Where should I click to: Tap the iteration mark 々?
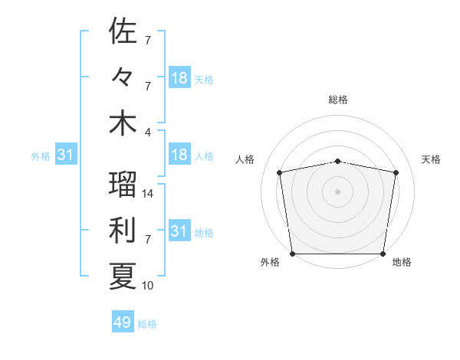pyautogui.click(x=123, y=77)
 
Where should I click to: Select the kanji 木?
pyautogui.click(x=123, y=123)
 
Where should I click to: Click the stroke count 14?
pyautogui.click(x=148, y=194)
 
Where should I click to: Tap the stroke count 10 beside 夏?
pyautogui.click(x=148, y=286)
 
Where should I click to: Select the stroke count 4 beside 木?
pyautogui.click(x=148, y=131)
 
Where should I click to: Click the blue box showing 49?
pyautogui.click(x=122, y=323)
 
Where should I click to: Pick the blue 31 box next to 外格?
pyautogui.click(x=65, y=155)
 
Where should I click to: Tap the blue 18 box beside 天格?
pyautogui.click(x=179, y=78)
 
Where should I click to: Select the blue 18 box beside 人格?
pyautogui.click(x=179, y=155)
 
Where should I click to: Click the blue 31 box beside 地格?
pyautogui.click(x=179, y=231)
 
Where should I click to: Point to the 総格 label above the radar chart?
pyautogui.click(x=338, y=100)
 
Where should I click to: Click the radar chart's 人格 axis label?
pyautogui.click(x=245, y=159)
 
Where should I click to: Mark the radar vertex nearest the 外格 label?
pyautogui.click(x=292, y=254)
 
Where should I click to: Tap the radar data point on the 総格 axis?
pyautogui.click(x=338, y=162)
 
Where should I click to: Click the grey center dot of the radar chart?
pyautogui.click(x=338, y=191)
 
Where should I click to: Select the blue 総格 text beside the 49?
pyautogui.click(x=147, y=324)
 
